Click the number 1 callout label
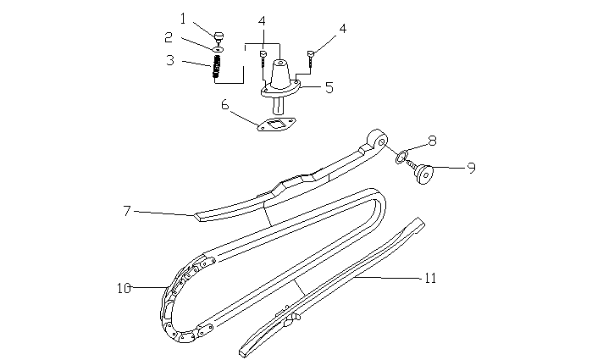click(x=184, y=17)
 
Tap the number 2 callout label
click(x=169, y=37)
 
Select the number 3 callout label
click(x=170, y=60)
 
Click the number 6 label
click(x=225, y=105)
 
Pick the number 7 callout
click(x=127, y=211)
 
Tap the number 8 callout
click(x=432, y=141)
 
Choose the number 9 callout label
click(x=471, y=167)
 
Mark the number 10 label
click(x=123, y=288)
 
